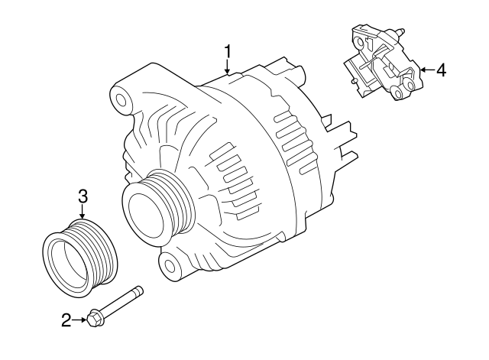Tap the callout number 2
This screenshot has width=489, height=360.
point(66,320)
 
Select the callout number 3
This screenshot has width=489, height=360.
point(83,196)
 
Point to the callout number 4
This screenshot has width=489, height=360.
point(441,70)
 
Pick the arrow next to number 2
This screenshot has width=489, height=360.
point(79,319)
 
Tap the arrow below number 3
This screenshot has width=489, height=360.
point(83,212)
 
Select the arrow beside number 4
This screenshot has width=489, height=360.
point(427,70)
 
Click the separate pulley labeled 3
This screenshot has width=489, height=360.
point(81,258)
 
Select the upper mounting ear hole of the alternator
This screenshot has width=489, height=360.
point(121,100)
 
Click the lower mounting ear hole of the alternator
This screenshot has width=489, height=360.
point(170,265)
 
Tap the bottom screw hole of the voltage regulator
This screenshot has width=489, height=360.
point(397,93)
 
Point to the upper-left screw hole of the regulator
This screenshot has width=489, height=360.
point(361,42)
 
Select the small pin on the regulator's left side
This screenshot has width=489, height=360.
point(354,81)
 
